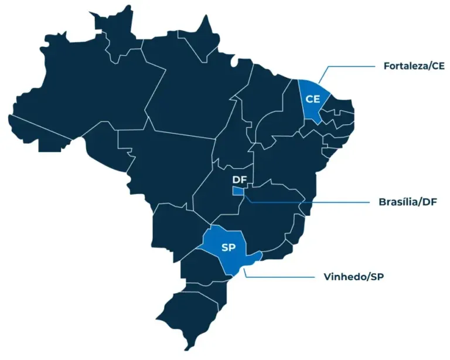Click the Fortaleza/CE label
[414, 66]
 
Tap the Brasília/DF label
[408, 202]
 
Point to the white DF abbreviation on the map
[239, 179]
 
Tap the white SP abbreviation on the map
[229, 247]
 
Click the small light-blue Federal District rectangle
[238, 191]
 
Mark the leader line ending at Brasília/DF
[311, 202]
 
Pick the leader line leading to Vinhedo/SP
[281, 277]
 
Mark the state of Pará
[187, 94]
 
